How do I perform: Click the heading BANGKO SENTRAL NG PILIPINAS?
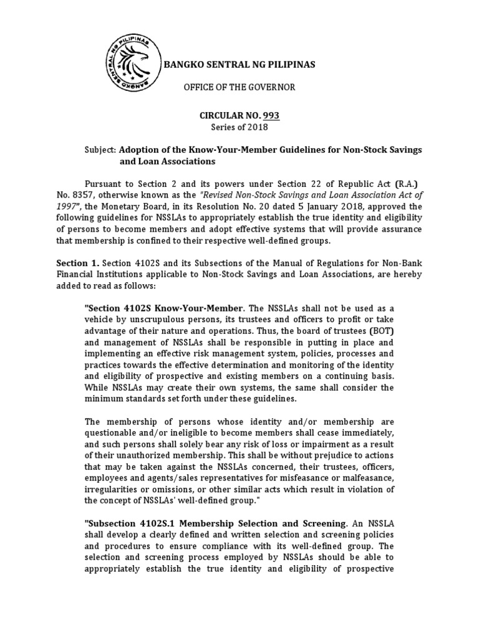pyautogui.click(x=239, y=65)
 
